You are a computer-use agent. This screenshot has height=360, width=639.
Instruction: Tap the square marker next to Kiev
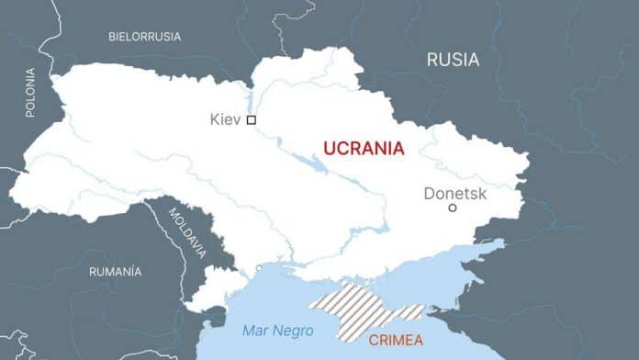click(252, 119)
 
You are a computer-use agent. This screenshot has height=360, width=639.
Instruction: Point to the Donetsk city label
click(455, 193)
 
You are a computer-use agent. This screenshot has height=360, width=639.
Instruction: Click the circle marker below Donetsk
click(452, 208)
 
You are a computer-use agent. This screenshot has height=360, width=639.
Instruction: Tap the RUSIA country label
click(453, 60)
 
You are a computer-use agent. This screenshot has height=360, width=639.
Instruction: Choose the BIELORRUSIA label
click(144, 37)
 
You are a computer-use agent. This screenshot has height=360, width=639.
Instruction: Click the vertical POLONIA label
click(30, 92)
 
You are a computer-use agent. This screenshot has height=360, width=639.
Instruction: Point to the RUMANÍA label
click(115, 272)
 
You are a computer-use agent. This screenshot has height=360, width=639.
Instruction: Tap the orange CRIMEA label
click(396, 340)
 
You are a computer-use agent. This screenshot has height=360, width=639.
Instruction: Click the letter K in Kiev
click(215, 119)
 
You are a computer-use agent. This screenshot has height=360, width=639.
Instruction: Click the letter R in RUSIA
click(432, 60)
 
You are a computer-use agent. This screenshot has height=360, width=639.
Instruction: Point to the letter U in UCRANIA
click(329, 147)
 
